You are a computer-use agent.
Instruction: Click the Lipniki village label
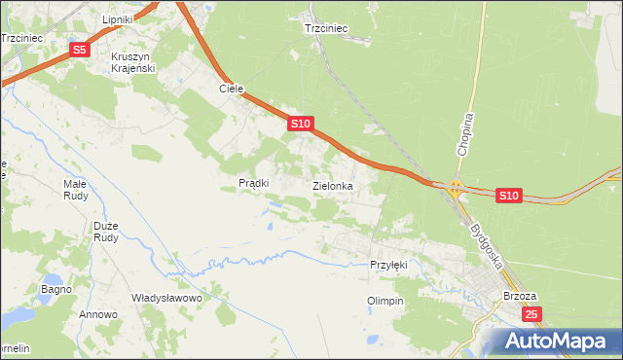[x=123, y=19]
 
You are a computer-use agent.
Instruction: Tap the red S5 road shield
[x=80, y=50]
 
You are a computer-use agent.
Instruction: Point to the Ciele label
[x=230, y=89]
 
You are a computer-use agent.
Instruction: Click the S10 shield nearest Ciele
[x=300, y=124]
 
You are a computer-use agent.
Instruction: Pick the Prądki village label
[x=253, y=183]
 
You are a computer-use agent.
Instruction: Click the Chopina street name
[x=465, y=134]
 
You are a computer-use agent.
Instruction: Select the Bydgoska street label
[x=484, y=243]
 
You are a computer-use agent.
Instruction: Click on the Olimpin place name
[x=385, y=301]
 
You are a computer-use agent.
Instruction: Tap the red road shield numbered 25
[x=531, y=314]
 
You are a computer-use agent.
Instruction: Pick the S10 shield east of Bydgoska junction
[x=508, y=196]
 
